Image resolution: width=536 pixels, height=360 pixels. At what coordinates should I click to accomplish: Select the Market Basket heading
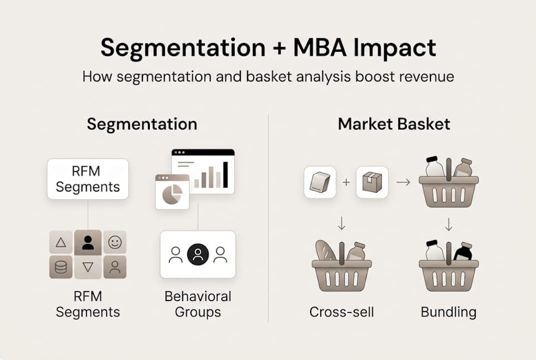(x=394, y=124)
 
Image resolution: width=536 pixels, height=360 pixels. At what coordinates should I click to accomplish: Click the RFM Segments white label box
(x=88, y=179)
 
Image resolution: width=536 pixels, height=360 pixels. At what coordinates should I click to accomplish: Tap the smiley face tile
(x=115, y=242)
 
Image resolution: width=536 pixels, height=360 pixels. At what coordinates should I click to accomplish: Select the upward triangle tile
(x=61, y=242)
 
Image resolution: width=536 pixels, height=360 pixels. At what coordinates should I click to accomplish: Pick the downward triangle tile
(x=88, y=267)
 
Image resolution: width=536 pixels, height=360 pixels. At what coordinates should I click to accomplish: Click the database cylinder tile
(x=61, y=267)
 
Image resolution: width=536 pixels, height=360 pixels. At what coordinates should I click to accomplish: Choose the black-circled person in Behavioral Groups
(x=198, y=254)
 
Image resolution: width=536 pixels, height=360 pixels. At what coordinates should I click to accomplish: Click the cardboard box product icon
(x=372, y=182)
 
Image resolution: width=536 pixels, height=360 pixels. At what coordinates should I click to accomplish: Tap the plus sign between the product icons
(x=346, y=182)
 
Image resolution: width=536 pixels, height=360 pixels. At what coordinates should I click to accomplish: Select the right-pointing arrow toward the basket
(x=403, y=182)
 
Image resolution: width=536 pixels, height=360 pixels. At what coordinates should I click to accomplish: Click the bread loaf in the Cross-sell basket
(x=325, y=250)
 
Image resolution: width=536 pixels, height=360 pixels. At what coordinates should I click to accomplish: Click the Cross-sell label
(x=342, y=312)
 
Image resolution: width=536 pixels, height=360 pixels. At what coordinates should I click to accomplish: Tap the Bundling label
(x=449, y=312)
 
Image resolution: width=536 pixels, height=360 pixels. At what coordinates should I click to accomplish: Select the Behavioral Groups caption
(x=198, y=304)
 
